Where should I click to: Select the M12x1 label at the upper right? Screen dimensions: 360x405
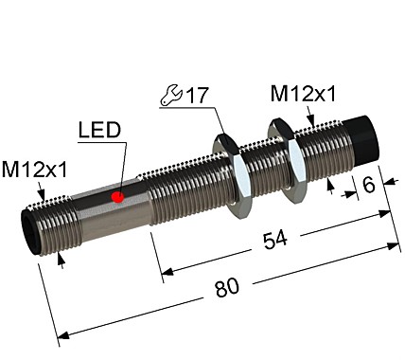coord(304,94)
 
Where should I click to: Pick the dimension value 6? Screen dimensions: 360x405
coord(370,185)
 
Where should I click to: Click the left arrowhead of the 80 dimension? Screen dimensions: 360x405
coord(62,334)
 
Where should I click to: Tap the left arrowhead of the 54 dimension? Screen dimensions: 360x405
coord(167,275)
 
